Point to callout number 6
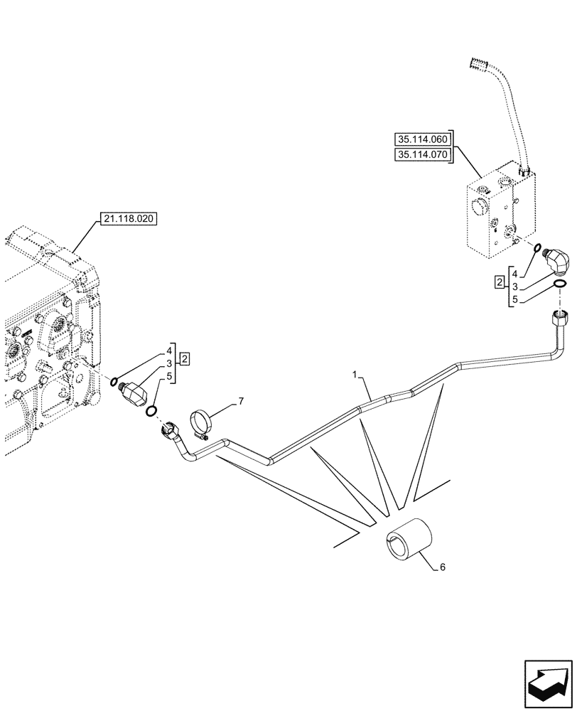click(443, 567)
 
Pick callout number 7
click(241, 402)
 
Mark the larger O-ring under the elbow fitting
click(559, 285)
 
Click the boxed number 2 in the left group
click(184, 358)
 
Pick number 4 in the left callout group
click(170, 350)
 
